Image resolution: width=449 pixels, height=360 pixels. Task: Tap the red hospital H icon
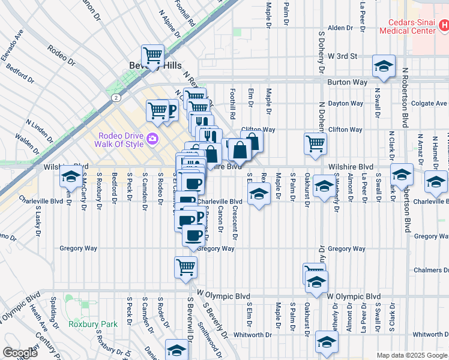[443, 26]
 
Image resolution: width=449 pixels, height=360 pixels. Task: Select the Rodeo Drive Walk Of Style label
[119, 139]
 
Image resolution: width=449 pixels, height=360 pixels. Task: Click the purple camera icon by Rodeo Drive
[152, 139]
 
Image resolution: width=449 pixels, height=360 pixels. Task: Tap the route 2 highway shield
[114, 97]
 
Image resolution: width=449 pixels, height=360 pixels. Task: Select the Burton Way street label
[342, 82]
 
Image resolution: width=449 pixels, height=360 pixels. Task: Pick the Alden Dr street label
[340, 28]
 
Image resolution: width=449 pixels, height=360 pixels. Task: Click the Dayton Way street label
[346, 103]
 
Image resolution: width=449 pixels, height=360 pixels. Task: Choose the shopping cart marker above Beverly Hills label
[153, 55]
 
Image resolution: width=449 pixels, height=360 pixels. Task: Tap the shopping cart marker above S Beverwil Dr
[186, 266]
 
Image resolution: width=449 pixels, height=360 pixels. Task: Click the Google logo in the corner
[20, 353]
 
